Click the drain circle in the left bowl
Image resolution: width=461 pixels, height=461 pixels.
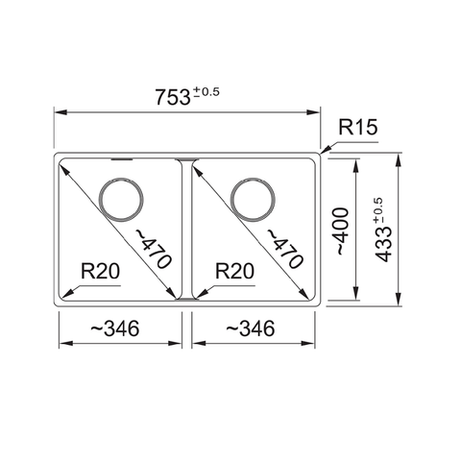[122, 200]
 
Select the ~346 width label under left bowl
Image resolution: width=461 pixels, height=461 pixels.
[114, 328]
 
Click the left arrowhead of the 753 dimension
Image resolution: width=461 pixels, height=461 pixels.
[56, 112]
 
